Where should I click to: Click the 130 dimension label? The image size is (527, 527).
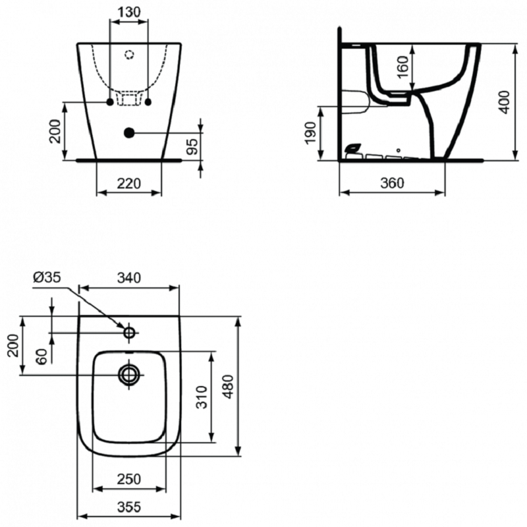click(x=129, y=12)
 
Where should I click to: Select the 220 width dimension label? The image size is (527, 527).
click(x=128, y=184)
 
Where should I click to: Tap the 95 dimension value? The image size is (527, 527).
click(x=192, y=146)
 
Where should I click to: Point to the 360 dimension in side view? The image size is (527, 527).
click(x=392, y=183)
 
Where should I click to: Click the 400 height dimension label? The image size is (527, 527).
click(x=505, y=102)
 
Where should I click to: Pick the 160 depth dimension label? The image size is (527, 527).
click(x=402, y=67)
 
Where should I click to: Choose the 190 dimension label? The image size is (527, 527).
click(x=310, y=133)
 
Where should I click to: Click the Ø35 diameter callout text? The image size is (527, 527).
click(x=47, y=277)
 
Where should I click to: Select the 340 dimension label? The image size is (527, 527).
click(x=129, y=278)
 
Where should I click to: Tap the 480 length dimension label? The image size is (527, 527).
click(x=229, y=387)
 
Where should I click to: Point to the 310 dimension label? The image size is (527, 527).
click(x=202, y=397)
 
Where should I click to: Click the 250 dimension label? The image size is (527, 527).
click(x=129, y=480)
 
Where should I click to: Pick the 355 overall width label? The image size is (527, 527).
click(x=129, y=507)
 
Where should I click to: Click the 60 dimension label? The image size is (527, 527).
click(x=42, y=356)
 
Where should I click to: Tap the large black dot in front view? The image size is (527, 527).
click(x=129, y=133)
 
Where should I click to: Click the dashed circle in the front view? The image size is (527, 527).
click(x=129, y=55)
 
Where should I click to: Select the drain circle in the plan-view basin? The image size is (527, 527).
click(x=129, y=374)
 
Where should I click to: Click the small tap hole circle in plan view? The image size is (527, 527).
click(x=129, y=333)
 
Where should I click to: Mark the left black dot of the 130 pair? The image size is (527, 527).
click(x=110, y=102)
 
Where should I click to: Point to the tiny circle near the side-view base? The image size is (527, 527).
click(x=399, y=150)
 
